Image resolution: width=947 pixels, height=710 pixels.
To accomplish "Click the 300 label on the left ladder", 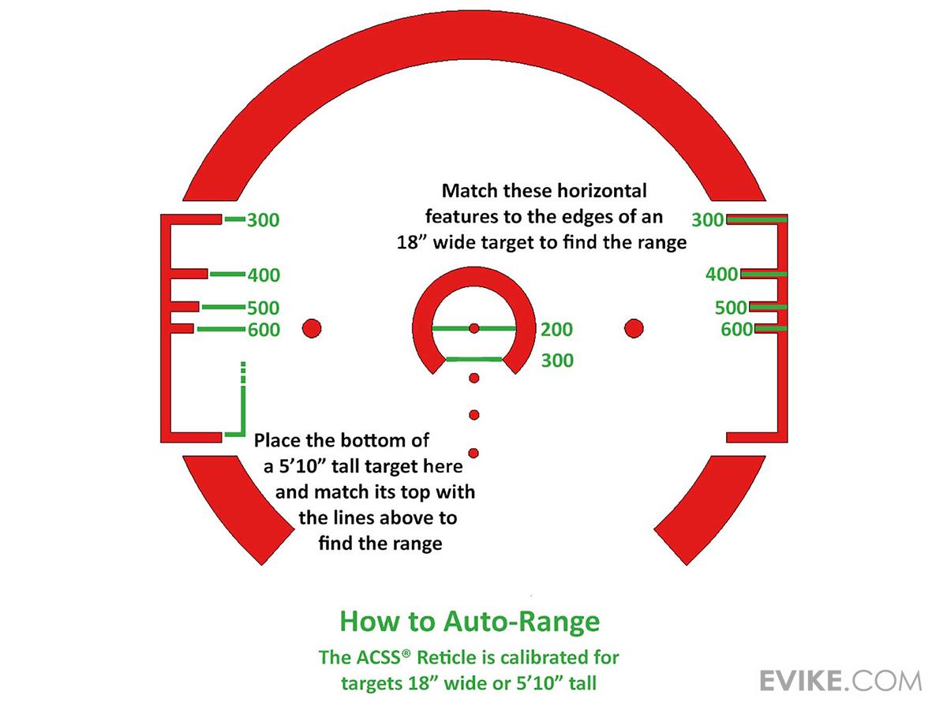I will pyautogui.click(x=263, y=220).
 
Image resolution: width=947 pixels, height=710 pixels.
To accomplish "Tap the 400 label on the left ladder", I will pyautogui.click(x=264, y=275).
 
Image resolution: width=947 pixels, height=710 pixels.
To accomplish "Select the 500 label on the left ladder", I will pyautogui.click(x=264, y=308).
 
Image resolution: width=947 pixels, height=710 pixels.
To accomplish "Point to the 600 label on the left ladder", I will pyautogui.click(x=264, y=331).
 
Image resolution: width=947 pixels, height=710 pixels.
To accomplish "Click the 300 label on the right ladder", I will pyautogui.click(x=708, y=220).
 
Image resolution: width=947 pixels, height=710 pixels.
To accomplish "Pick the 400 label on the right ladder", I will pyautogui.click(x=721, y=275).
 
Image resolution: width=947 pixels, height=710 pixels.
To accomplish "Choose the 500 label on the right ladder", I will pyautogui.click(x=731, y=308).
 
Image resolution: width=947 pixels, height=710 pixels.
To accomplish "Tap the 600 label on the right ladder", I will pyautogui.click(x=736, y=330).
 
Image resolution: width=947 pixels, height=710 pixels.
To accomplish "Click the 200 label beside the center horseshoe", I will pyautogui.click(x=557, y=330).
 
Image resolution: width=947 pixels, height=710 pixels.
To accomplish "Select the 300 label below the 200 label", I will pyautogui.click(x=557, y=361).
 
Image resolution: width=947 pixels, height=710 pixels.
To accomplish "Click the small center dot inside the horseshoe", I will pyautogui.click(x=473, y=328).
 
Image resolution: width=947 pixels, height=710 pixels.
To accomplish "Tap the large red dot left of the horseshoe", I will pyautogui.click(x=312, y=328).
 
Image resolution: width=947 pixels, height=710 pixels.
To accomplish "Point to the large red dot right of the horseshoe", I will pyautogui.click(x=634, y=328).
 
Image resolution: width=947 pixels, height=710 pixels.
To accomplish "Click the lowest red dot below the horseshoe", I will pyautogui.click(x=473, y=452).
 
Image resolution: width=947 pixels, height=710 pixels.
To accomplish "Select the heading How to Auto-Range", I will pyautogui.click(x=470, y=622).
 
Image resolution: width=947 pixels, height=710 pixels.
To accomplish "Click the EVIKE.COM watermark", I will pyautogui.click(x=840, y=680).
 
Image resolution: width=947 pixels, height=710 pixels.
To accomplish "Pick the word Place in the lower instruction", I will pyautogui.click(x=279, y=440).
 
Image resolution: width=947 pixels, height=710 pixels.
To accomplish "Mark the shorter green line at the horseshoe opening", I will pyautogui.click(x=474, y=360).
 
